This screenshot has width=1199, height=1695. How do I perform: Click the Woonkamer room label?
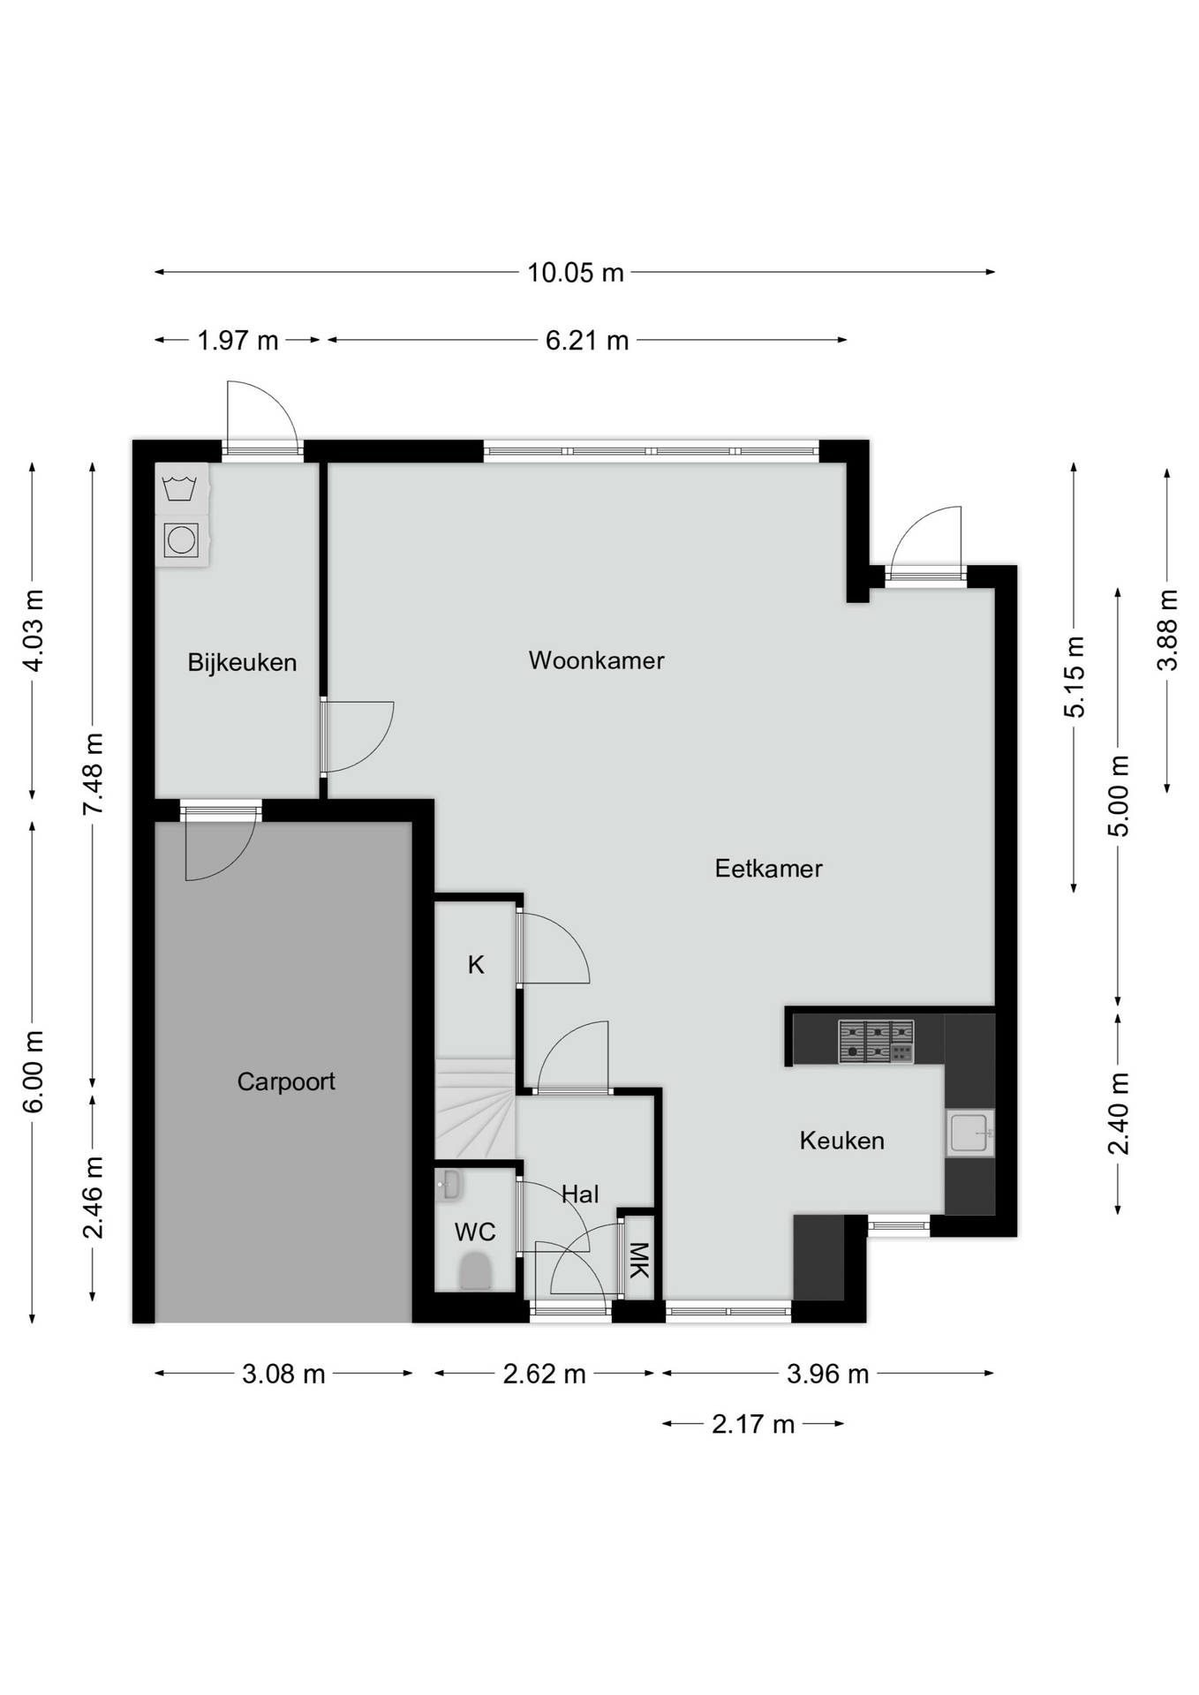coord(596,660)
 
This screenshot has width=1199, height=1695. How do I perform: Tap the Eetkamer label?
coord(768,869)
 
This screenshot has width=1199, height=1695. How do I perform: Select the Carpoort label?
coord(286,1081)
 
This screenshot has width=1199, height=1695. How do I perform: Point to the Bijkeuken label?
coord(242,662)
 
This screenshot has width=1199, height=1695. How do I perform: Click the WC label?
coord(475,1232)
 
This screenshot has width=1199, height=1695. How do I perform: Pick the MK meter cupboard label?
coord(638,1260)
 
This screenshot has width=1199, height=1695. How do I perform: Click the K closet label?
coord(476,965)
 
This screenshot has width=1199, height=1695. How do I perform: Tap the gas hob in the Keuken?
coord(876,1041)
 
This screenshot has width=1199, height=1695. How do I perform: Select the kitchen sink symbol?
coord(969,1133)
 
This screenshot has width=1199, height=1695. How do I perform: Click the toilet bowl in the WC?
coord(476,1271)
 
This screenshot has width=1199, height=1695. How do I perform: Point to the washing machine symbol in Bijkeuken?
coord(180,488)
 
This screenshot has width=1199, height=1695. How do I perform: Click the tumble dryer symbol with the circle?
coord(181,539)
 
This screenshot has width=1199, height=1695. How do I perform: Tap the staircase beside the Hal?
coord(475,1109)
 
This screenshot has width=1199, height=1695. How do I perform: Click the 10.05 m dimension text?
coord(576,273)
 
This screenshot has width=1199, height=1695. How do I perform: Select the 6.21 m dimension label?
coord(587,340)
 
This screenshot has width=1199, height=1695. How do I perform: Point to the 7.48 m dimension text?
coord(94,774)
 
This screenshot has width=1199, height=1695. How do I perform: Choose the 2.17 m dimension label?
coord(753,1424)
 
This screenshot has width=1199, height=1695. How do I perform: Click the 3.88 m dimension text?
coord(1167,630)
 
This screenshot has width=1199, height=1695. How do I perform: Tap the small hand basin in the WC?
coord(448,1186)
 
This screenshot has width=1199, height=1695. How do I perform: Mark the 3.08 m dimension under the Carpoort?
coord(283,1374)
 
